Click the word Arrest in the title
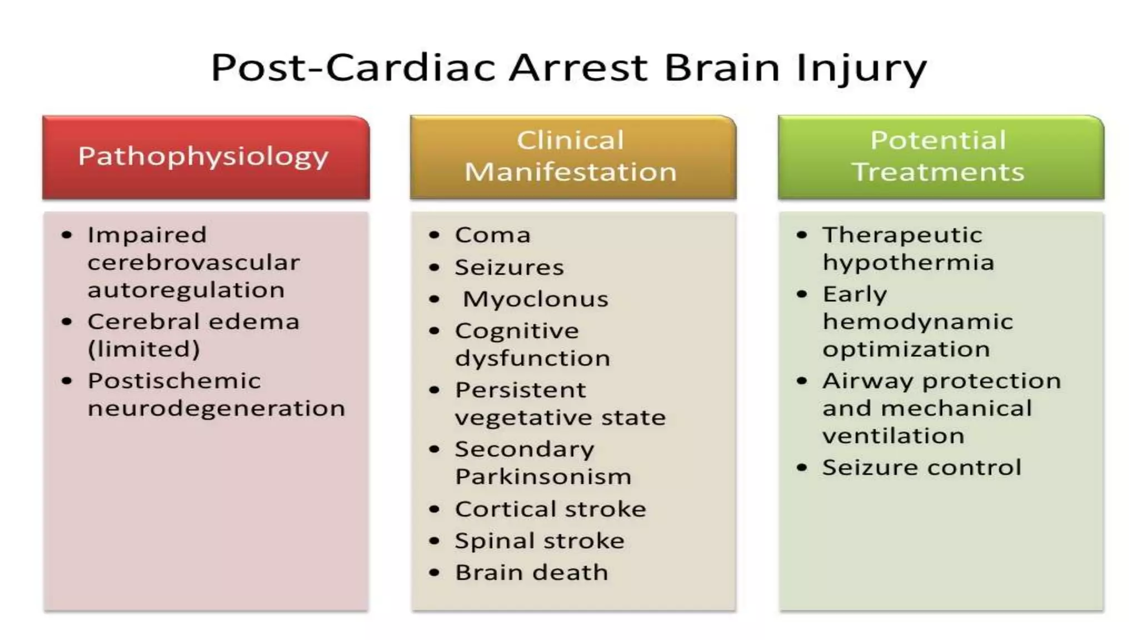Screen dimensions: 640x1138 (578, 68)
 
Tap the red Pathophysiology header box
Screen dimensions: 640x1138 (206, 157)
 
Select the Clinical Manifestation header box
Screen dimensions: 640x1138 (573, 157)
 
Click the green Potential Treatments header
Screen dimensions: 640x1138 (941, 157)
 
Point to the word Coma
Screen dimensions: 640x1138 (492, 235)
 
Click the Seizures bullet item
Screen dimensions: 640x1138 (509, 268)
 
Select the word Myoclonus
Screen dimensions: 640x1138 (536, 299)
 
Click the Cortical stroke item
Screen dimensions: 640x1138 (550, 509)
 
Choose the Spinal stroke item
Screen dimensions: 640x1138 (540, 541)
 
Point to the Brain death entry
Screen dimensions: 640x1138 (531, 573)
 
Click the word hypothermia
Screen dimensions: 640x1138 (908, 263)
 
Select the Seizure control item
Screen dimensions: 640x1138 (921, 468)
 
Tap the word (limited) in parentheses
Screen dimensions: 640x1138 (144, 349)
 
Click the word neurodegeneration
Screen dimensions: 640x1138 (216, 409)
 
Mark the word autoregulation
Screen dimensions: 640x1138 (186, 290)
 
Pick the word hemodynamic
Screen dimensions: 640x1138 (918, 322)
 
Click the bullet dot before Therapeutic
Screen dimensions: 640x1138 (801, 235)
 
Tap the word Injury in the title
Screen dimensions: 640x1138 (861, 68)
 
